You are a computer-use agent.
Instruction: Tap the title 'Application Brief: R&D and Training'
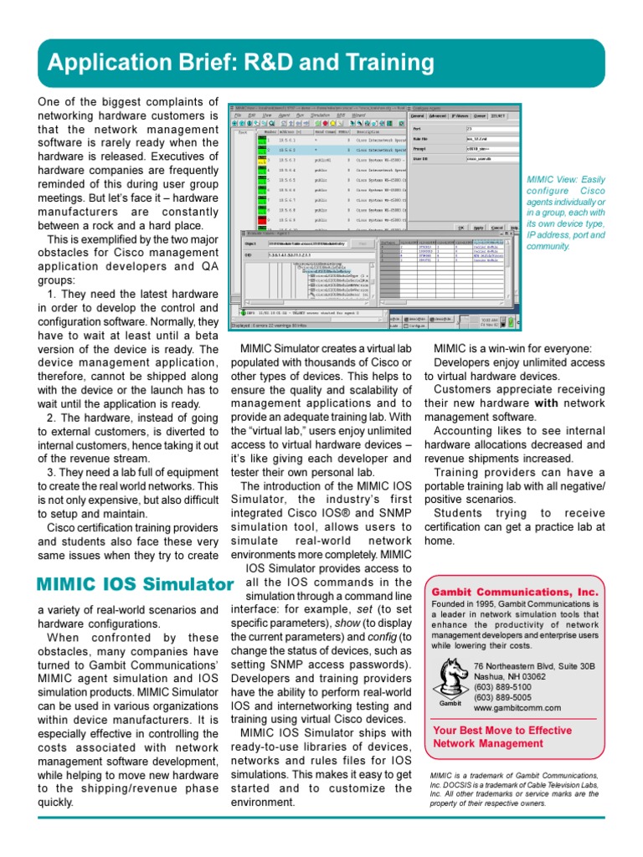point(241,63)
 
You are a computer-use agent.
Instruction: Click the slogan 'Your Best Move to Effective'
point(501,731)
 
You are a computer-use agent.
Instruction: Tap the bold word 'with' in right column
point(547,403)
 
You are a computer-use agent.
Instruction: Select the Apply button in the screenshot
point(478,227)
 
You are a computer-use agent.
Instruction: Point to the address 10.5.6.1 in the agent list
point(287,139)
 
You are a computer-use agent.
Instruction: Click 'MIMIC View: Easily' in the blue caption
point(563,179)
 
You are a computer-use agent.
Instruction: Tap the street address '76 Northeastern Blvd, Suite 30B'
point(534,666)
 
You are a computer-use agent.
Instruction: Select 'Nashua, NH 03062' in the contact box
point(510,677)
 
